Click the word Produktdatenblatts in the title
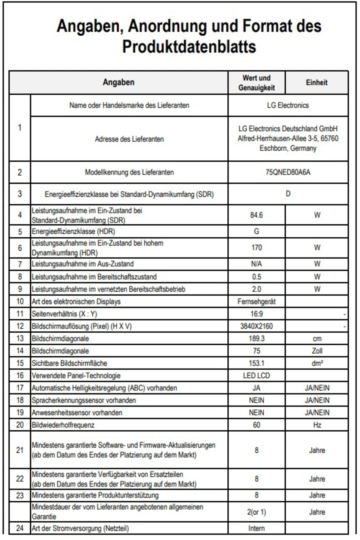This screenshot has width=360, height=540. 189,46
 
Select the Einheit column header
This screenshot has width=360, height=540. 316,83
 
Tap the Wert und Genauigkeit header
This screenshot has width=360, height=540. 256,83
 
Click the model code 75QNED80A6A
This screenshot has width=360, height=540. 288,172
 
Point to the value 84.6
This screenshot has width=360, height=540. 256,215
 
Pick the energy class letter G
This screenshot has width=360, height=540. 256,231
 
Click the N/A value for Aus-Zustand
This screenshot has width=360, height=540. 256,264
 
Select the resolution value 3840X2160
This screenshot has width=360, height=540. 256,326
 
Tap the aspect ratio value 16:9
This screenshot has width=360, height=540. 256,314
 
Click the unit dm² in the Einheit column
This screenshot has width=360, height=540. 317,363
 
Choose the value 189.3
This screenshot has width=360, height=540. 256,339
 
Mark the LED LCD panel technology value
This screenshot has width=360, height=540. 256,376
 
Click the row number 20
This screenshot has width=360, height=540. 20,425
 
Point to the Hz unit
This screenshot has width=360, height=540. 317,425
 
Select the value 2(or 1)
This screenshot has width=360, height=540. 256,512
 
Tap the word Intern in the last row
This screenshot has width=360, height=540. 256,528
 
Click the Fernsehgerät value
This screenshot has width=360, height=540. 256,302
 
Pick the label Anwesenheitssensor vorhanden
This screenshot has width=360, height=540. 77,412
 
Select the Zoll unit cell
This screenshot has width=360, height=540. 317,351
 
